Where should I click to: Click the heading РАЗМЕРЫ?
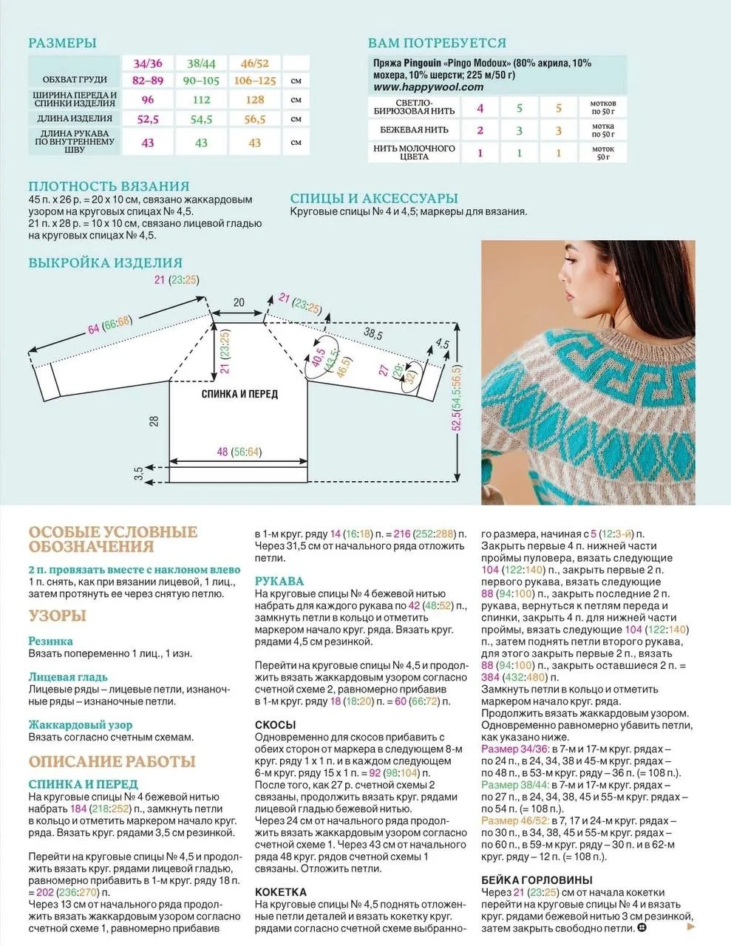coord(62,44)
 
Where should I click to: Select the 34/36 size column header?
coord(148,64)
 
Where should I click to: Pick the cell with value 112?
coord(201,100)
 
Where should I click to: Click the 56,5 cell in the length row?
coord(254,119)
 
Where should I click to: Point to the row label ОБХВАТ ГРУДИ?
coord(75,80)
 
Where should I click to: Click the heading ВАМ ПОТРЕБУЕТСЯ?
coord(437,43)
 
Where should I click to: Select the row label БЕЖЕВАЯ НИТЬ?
coord(414,130)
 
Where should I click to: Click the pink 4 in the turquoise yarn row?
coord(480,109)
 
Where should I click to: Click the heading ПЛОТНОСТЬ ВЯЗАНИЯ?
coord(109,186)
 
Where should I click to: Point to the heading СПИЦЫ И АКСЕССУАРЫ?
coord(374,198)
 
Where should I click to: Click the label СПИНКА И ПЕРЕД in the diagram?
coord(239,394)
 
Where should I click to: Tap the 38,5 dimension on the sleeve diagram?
coord(373,335)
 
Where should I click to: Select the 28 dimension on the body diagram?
coord(154,421)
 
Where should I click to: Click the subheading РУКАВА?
coord(279,581)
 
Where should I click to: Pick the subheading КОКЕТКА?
coord(281,892)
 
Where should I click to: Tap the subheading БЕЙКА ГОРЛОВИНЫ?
coord(537,879)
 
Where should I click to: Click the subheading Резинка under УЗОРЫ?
coord(51,642)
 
